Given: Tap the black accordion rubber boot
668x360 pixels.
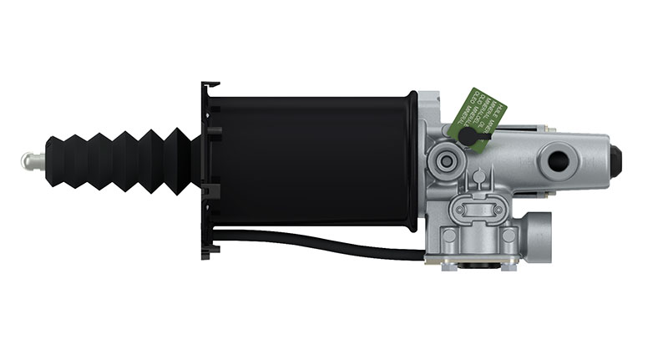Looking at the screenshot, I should (x=117, y=159).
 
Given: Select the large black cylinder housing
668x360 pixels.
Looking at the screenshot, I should (x=313, y=159).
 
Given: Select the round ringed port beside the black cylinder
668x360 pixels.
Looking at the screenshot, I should (x=445, y=159).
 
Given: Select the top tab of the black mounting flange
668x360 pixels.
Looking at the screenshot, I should (x=210, y=87).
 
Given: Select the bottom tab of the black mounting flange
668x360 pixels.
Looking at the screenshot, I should (x=210, y=249).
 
